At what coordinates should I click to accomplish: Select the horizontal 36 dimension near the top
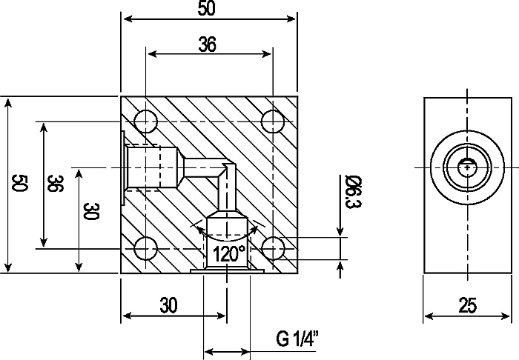click(208, 44)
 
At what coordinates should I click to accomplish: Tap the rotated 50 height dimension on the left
click(20, 184)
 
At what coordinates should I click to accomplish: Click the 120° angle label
click(229, 254)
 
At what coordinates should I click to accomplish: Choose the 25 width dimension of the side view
click(467, 304)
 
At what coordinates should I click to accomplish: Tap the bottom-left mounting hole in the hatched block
click(146, 248)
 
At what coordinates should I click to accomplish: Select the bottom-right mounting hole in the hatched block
click(274, 248)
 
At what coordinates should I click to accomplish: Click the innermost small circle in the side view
click(467, 167)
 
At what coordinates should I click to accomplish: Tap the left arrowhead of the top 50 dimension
click(125, 20)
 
